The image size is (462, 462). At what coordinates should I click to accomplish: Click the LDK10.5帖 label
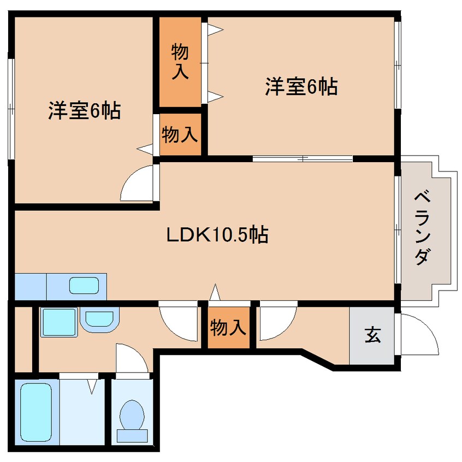217,234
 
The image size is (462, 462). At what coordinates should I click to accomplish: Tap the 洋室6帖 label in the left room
85,111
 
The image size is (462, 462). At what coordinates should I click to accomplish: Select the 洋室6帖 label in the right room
301,87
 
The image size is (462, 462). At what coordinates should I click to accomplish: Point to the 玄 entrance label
373,335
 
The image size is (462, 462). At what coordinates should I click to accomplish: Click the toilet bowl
132,415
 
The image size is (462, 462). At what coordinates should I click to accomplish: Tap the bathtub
36,412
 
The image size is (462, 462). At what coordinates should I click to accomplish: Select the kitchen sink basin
84,285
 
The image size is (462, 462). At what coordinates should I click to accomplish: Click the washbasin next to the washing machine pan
99,319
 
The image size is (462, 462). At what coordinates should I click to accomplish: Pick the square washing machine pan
59,322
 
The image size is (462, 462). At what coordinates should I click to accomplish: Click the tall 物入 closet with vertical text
180,62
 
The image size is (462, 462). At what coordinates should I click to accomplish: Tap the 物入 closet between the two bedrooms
180,134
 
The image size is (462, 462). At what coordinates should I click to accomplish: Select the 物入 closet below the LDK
228,327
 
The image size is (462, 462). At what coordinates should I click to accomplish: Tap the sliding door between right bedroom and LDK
303,158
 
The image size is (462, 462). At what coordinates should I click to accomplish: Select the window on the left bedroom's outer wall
11,109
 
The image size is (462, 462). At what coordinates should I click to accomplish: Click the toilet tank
132,436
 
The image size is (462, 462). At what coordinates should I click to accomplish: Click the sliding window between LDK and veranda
398,229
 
